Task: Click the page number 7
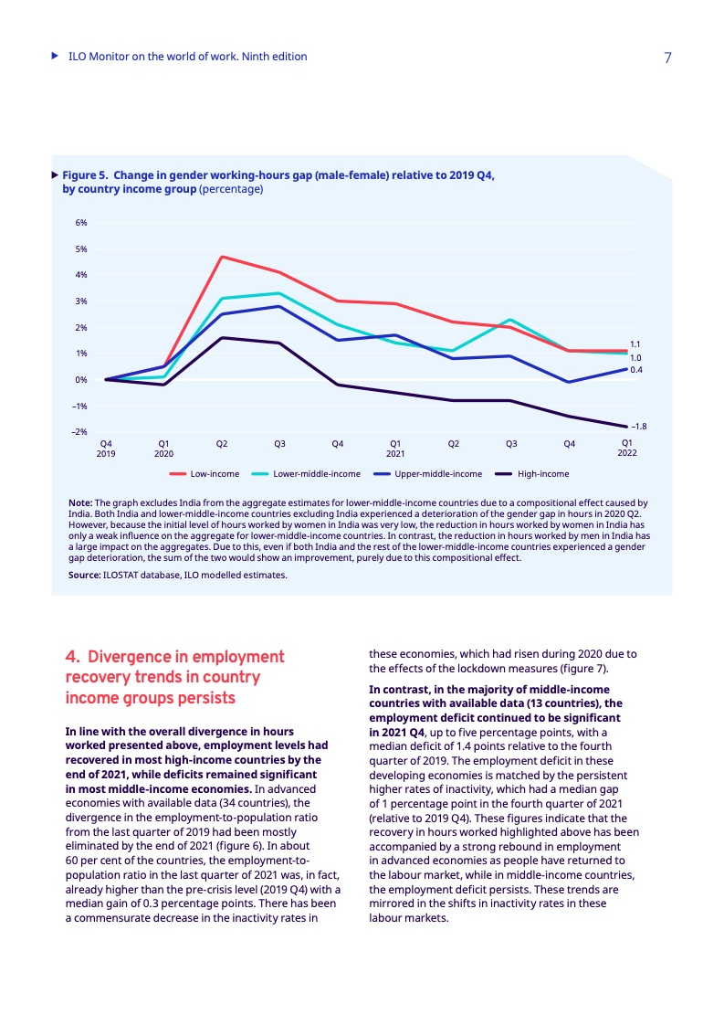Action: (x=667, y=58)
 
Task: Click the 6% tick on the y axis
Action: (x=81, y=222)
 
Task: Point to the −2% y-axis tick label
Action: (x=79, y=431)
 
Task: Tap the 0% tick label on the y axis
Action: (x=81, y=379)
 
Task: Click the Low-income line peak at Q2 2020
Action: (x=222, y=257)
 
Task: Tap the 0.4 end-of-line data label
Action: (x=636, y=370)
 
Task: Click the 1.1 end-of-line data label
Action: (x=635, y=344)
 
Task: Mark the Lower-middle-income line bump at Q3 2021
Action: (x=511, y=320)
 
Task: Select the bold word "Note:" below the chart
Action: (x=80, y=502)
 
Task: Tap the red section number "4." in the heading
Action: (x=73, y=657)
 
